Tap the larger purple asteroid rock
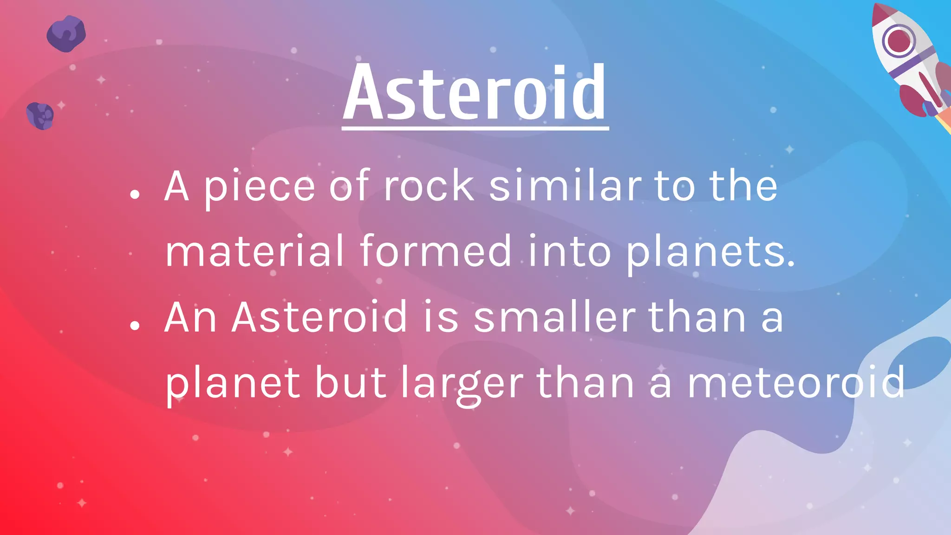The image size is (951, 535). tap(66, 34)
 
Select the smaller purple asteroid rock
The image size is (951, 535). tap(40, 116)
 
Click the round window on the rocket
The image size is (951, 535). tap(899, 41)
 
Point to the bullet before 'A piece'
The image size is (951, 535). tap(135, 194)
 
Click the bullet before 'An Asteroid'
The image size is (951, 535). tap(135, 326)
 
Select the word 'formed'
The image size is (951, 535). tap(436, 251)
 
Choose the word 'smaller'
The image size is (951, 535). tap(554, 317)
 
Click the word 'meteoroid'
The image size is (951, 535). tap(796, 383)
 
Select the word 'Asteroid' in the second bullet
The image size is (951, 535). tap(319, 317)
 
